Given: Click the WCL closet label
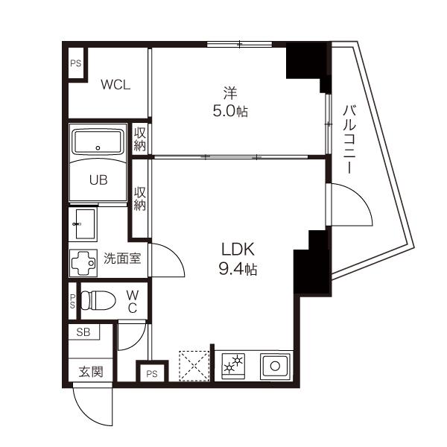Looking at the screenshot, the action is [x=115, y=85].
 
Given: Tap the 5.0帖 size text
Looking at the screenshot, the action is [x=230, y=111].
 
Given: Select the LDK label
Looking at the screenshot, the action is [x=238, y=249].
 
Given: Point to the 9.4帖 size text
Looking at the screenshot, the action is [x=238, y=269].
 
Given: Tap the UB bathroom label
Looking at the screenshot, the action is [x=98, y=180].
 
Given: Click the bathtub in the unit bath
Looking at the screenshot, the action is [x=98, y=142].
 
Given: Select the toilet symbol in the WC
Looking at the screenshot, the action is [x=98, y=300].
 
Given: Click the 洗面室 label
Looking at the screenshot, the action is [x=122, y=259].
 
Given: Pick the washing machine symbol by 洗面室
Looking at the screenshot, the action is [x=83, y=263].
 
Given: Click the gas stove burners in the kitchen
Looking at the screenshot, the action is [x=233, y=366].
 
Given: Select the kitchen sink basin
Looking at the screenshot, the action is [x=275, y=366].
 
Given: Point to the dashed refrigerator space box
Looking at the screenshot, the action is [x=194, y=366].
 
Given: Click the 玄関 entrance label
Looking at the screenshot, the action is [x=91, y=372].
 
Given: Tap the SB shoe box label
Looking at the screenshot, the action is [x=83, y=332].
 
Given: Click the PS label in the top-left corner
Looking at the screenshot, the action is [x=76, y=63].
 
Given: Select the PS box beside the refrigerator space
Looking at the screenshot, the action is [x=152, y=372].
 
